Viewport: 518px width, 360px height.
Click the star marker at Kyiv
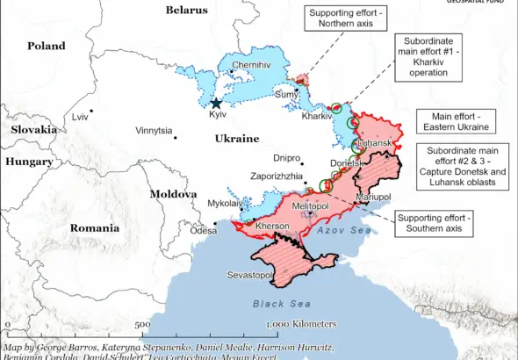216,103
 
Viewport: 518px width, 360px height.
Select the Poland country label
47,46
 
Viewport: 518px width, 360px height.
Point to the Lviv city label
82,116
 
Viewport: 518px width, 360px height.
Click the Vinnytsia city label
154,131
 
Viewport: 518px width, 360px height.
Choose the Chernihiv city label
249,65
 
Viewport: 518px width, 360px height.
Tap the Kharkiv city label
316,116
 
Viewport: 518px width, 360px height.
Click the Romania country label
95,227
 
